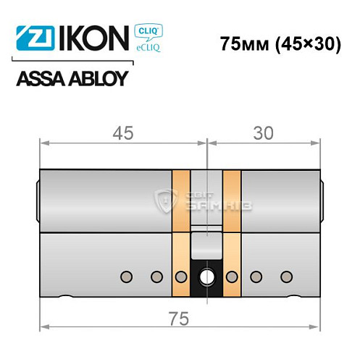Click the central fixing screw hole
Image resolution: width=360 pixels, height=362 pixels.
[206, 277]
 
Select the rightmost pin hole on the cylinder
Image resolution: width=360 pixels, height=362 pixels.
[287, 276]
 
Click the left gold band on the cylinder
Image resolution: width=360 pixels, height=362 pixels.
[180, 232]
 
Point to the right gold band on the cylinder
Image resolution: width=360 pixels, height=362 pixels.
[232, 232]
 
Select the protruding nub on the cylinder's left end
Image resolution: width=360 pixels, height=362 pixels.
[38, 195]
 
